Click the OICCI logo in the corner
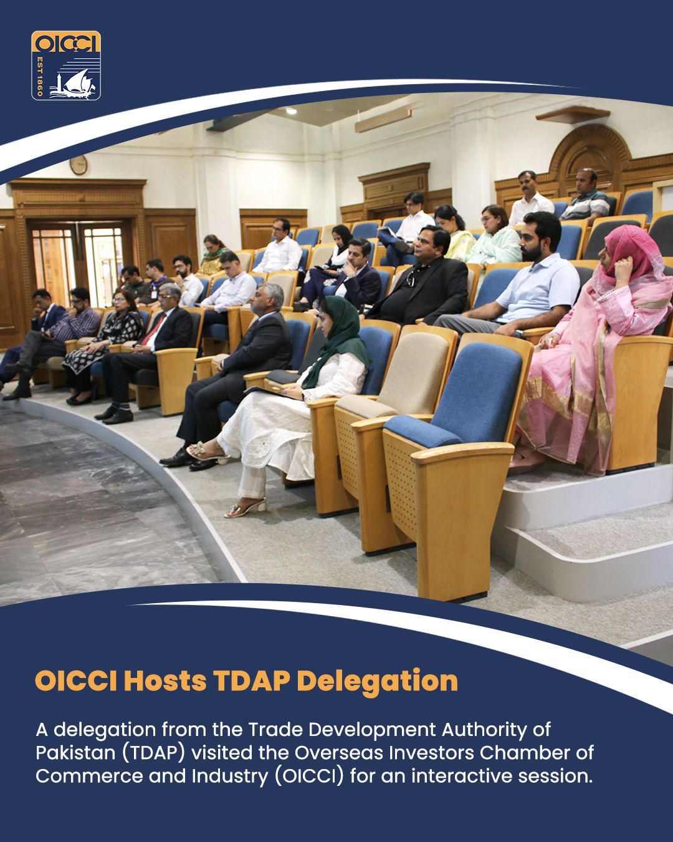(x=65, y=65)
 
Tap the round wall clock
(x=79, y=165)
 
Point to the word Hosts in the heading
(x=165, y=681)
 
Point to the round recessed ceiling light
(x=291, y=111)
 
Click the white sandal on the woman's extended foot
(x=246, y=507)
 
